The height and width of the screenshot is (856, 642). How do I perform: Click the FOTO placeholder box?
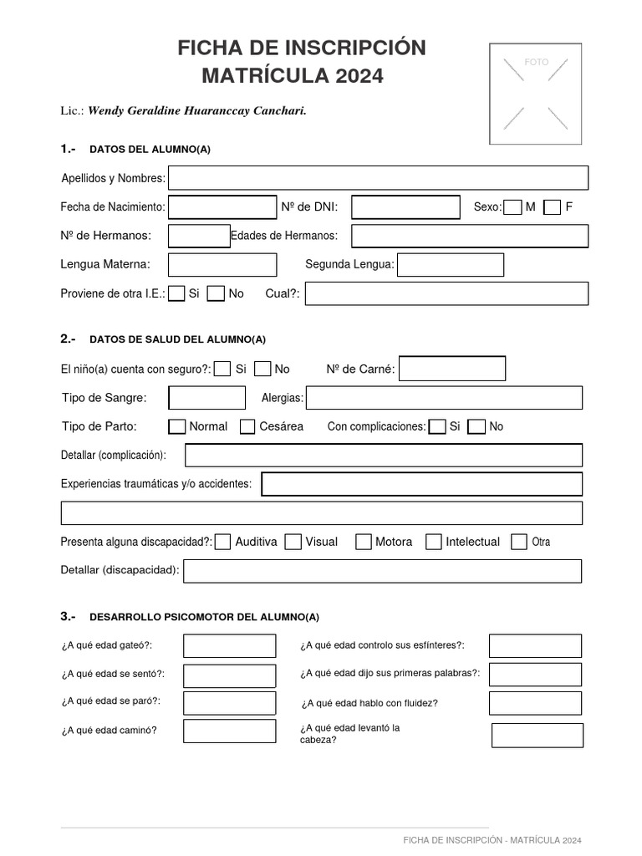tap(536, 93)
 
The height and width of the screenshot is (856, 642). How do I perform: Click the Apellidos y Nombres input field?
tap(378, 178)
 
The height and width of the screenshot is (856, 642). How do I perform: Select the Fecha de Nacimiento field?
tap(222, 207)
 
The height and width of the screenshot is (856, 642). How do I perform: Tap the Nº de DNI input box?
tap(405, 207)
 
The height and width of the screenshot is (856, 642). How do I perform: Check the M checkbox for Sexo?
tap(513, 207)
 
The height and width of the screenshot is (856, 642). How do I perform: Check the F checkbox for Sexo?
tap(552, 207)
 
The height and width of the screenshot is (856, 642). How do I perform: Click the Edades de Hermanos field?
tap(470, 237)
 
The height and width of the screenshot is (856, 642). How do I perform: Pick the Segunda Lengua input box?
tap(451, 265)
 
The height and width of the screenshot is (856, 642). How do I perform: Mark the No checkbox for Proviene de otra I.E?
tap(217, 293)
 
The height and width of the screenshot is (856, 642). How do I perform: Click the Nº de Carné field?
tap(452, 369)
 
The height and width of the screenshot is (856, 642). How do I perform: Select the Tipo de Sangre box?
tap(207, 398)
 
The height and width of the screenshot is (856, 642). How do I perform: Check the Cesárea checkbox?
tap(247, 427)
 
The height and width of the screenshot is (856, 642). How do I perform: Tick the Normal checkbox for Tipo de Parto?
tap(177, 427)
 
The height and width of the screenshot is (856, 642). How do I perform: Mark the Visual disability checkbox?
tap(293, 542)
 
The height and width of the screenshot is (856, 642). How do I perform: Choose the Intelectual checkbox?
tap(433, 542)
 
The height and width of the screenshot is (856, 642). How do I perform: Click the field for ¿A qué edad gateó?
tap(230, 646)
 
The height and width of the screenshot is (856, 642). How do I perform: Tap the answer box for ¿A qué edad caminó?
tap(230, 731)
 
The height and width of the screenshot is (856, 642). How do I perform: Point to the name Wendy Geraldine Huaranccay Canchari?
tap(197, 111)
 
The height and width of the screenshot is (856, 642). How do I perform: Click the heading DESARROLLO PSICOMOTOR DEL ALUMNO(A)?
tap(204, 618)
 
